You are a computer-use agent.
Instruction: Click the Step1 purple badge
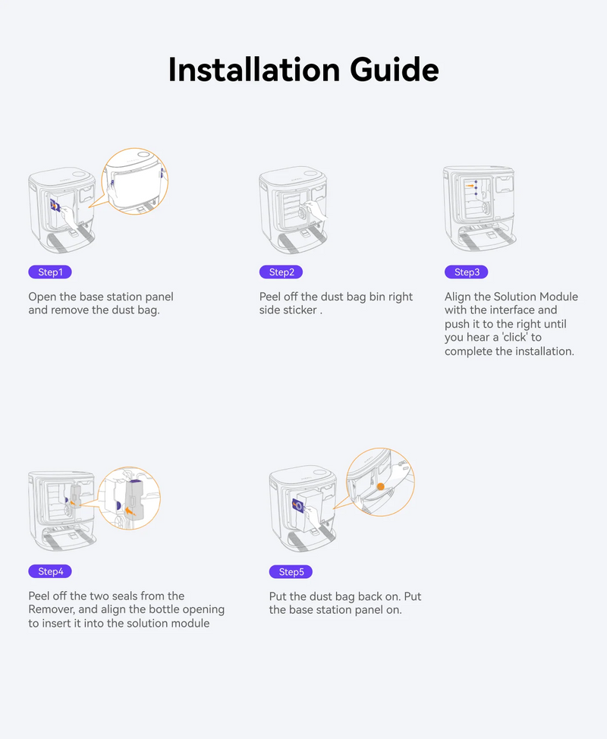point(50,272)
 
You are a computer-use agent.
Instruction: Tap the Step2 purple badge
point(281,272)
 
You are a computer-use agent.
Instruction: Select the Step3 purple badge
point(467,272)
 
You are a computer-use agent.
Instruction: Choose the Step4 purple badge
point(50,571)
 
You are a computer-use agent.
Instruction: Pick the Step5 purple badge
point(291,571)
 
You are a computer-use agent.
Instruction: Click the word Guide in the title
point(394,70)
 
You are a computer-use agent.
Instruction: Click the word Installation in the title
point(254,70)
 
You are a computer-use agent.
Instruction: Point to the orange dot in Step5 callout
point(381,486)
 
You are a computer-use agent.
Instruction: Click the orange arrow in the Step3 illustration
point(470,186)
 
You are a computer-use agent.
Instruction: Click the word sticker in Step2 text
point(299,310)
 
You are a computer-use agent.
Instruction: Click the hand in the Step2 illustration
point(315,209)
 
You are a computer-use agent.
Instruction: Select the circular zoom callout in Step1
point(135,181)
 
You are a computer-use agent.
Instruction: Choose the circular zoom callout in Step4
point(129,498)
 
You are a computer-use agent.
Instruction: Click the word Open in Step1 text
point(42,297)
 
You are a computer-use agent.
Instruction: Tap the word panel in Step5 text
point(386,610)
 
